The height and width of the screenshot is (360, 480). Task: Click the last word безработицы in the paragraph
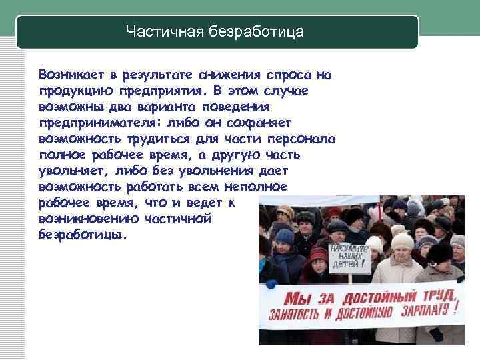(x=81, y=235)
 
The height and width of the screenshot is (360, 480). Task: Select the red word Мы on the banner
(x=296, y=296)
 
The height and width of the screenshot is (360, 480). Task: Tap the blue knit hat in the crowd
(x=285, y=236)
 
